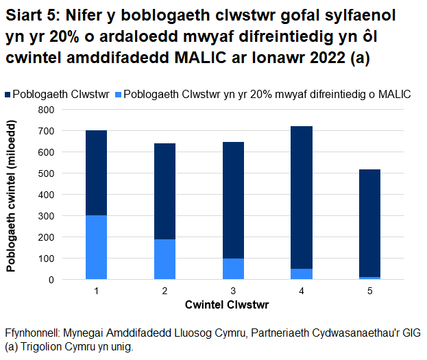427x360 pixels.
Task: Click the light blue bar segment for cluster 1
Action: point(96,248)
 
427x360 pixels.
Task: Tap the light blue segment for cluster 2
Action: point(164,259)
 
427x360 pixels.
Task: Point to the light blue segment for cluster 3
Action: point(233,269)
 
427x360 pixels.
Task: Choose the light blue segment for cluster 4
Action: point(302,274)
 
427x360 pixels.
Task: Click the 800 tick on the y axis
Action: point(46,109)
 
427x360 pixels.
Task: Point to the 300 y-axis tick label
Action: point(46,216)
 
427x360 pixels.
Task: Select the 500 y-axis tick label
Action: point(46,173)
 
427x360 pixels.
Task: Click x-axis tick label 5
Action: point(369,291)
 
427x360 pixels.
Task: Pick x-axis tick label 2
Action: point(164,291)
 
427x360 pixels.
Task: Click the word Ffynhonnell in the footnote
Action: point(31,333)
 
